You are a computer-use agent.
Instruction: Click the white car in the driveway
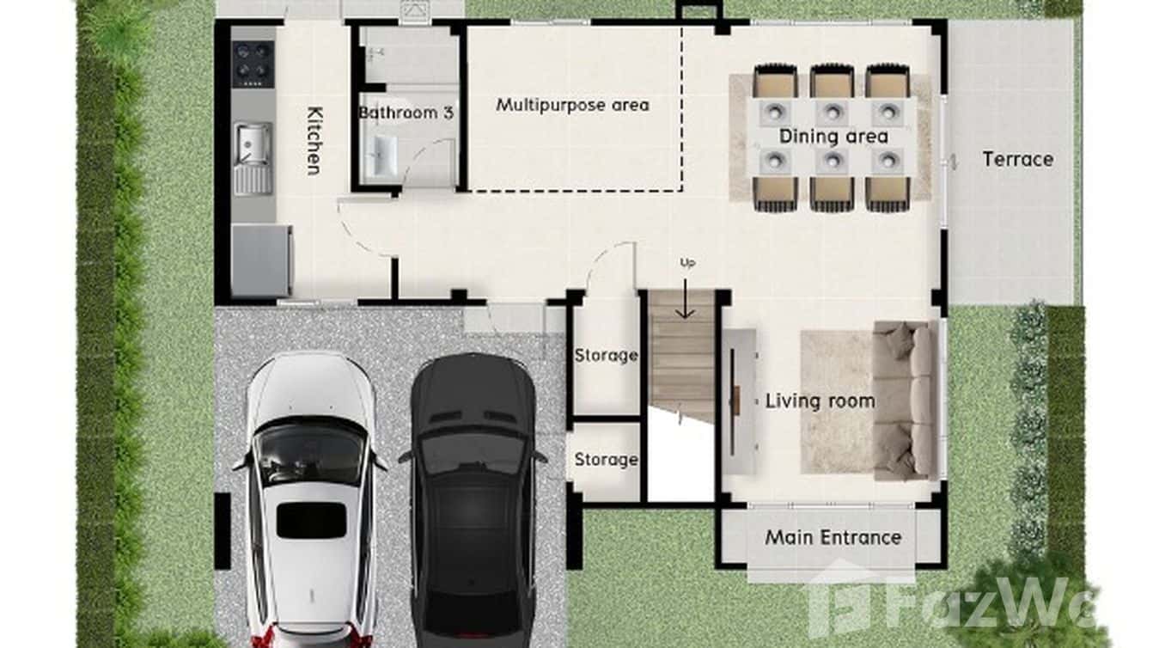coord(310,498)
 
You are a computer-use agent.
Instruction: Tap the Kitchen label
coord(314,140)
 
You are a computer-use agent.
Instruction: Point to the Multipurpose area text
coord(572,105)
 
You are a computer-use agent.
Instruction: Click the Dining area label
coord(833,136)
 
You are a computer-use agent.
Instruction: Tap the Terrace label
coord(1017,159)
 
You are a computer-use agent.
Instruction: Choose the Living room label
coord(820,400)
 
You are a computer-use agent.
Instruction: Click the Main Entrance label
coord(833,537)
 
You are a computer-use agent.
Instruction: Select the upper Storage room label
coord(606,355)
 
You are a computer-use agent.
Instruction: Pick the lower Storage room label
coord(606,460)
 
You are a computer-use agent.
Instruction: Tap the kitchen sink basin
coord(253,142)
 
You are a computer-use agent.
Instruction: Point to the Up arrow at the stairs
coord(685,301)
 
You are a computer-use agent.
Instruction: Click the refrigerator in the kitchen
coord(261,260)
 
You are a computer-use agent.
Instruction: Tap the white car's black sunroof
coord(310,521)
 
